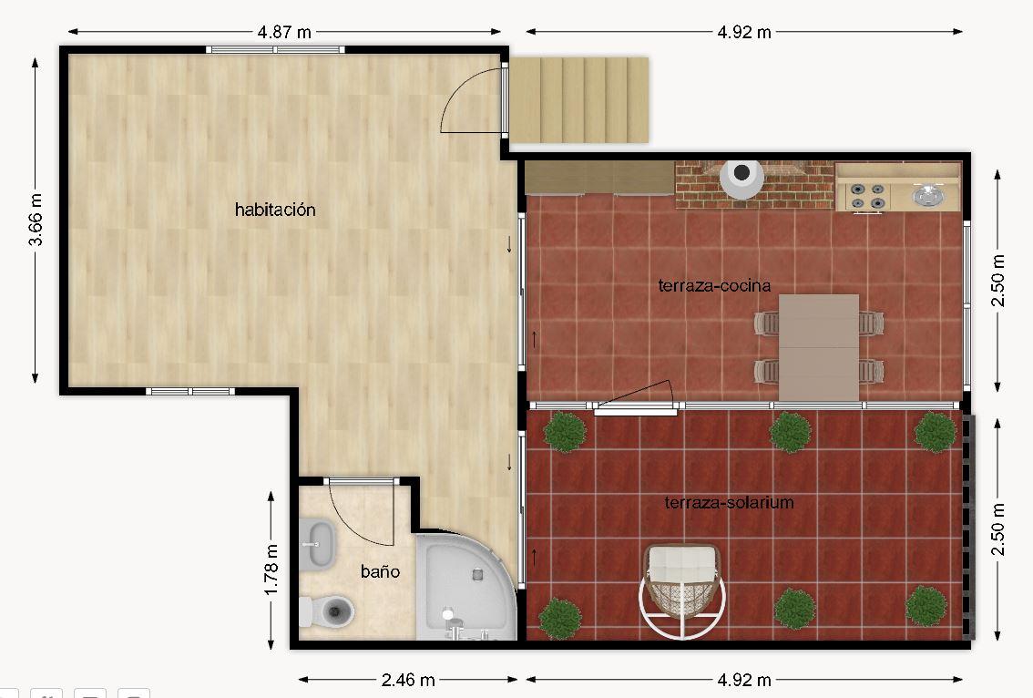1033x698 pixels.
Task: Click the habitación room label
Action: [x=275, y=210]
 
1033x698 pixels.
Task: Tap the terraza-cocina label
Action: [x=714, y=285]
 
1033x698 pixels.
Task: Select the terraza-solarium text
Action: [x=729, y=502]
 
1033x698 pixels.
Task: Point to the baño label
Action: [x=380, y=570]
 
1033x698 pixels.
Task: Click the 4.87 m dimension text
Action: [x=284, y=32]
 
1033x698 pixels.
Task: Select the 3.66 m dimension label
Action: [x=36, y=220]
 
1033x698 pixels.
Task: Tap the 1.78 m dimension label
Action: [x=271, y=570]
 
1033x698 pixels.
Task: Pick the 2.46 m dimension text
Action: [x=408, y=679]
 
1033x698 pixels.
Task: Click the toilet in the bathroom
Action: [x=327, y=611]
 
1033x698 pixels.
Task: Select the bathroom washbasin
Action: [x=318, y=544]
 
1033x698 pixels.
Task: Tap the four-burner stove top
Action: [x=867, y=196]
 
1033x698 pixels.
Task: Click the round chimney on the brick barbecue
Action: [x=742, y=176]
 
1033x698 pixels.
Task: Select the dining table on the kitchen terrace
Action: [x=819, y=347]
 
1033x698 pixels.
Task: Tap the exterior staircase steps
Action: [x=579, y=100]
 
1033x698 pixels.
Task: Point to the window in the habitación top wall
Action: [x=275, y=49]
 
